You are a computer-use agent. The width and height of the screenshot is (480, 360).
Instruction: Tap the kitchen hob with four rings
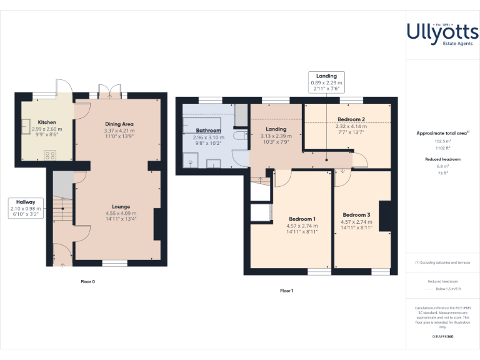pos(50,156)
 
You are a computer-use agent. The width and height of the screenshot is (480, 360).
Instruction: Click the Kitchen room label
pos(47,122)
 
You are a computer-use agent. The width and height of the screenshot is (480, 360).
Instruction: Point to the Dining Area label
pos(119,124)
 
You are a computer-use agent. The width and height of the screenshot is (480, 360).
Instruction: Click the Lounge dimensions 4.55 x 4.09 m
pos(121,213)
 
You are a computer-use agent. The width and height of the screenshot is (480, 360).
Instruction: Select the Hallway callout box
pos(26,207)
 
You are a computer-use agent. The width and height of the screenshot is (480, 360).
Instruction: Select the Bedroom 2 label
pos(351,119)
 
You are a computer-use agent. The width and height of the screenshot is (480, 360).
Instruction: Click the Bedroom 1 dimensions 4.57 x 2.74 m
pos(301,226)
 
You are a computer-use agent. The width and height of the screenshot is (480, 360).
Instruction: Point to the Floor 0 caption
pos(87,282)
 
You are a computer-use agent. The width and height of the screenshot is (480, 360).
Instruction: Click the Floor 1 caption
pos(286,291)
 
